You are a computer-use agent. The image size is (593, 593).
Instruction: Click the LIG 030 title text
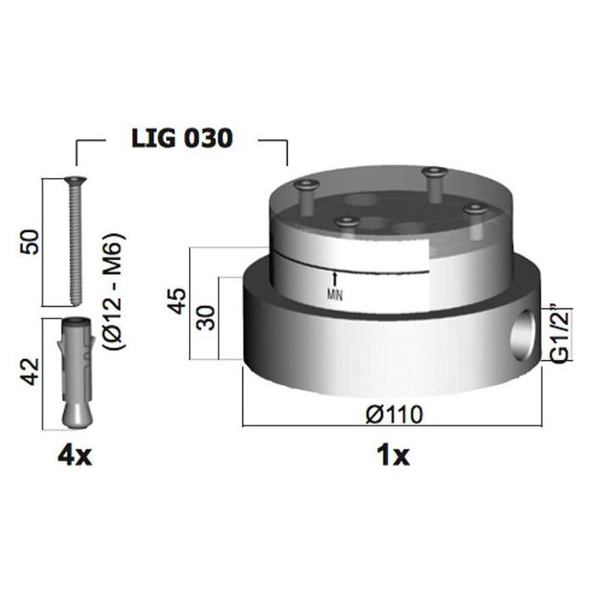181,138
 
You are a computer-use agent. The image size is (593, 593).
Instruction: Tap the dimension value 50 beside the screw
30,242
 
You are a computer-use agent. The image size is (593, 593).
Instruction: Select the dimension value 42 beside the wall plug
30,371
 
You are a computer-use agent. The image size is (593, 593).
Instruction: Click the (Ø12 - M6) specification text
114,291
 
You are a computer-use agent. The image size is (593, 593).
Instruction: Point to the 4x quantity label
75,457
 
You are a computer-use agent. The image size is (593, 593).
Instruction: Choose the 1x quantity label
393,456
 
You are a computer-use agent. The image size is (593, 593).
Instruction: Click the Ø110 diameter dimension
394,414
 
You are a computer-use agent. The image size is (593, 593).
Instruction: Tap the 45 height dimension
177,301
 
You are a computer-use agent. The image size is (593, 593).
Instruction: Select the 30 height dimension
207,318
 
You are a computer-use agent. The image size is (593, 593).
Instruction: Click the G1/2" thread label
561,333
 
